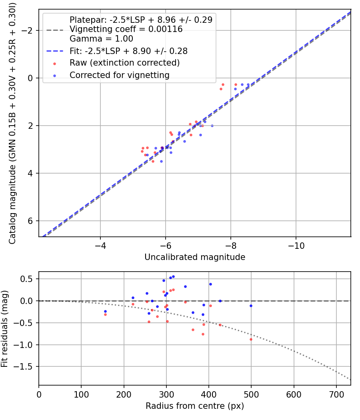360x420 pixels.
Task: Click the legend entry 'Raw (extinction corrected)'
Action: point(124,63)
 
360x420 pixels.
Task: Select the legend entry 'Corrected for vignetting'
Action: point(120,75)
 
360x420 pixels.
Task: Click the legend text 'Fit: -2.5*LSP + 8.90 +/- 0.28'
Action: point(128,51)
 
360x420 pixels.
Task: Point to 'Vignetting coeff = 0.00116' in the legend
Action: point(126,29)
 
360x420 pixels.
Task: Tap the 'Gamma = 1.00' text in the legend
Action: point(101,39)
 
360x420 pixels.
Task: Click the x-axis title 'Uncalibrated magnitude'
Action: point(195,257)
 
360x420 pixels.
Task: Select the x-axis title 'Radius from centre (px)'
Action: point(195,406)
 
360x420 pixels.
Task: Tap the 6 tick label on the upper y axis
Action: point(30,221)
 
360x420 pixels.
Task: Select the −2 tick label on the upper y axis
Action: point(28,30)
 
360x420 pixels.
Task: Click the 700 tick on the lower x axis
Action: point(336,394)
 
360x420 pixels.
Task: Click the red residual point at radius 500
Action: point(251,339)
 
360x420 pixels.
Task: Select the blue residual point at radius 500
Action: point(251,306)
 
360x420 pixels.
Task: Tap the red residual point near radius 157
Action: point(105,314)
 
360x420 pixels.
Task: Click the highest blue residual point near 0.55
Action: point(173,276)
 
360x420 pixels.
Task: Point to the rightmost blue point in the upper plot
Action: point(248,85)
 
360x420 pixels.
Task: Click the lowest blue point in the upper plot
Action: point(161,161)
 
